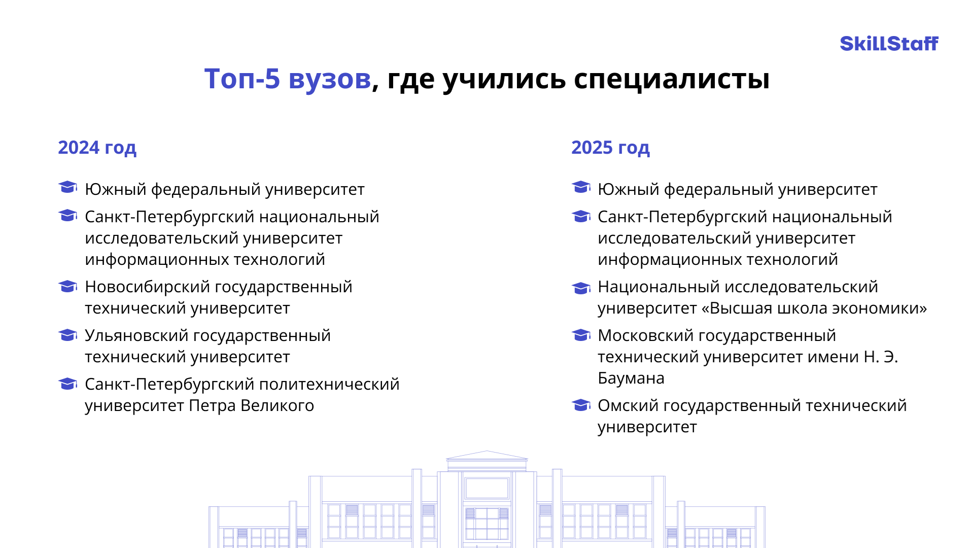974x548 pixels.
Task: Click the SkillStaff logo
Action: pyautogui.click(x=889, y=44)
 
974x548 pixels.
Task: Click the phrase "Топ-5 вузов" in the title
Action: pyautogui.click(x=288, y=79)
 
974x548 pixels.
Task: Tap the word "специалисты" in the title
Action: pyautogui.click(x=672, y=80)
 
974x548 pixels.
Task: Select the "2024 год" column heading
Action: pyautogui.click(x=97, y=148)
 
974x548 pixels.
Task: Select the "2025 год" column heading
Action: pyautogui.click(x=610, y=148)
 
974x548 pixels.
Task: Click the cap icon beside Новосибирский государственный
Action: pyautogui.click(x=68, y=287)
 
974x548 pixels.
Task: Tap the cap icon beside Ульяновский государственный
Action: pyautogui.click(x=68, y=335)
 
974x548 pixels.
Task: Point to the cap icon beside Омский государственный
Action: pyautogui.click(x=581, y=405)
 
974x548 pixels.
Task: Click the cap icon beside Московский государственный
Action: pyautogui.click(x=581, y=335)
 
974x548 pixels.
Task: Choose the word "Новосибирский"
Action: pyautogui.click(x=147, y=287)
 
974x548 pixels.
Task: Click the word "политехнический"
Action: pyautogui.click(x=329, y=385)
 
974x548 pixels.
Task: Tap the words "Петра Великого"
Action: pyautogui.click(x=252, y=406)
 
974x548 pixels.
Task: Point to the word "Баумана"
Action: pyautogui.click(x=631, y=379)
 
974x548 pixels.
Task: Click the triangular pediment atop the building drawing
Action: pyautogui.click(x=487, y=455)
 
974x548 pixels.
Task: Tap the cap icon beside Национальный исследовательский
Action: pyautogui.click(x=581, y=288)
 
